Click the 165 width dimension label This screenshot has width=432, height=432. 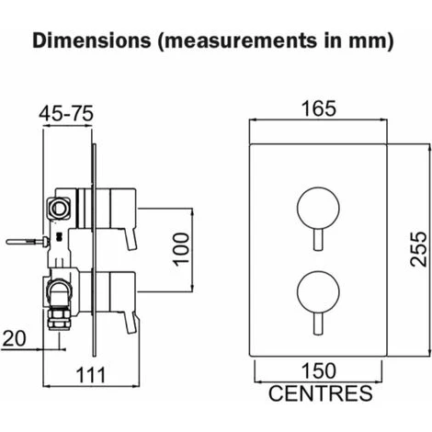click(x=319, y=108)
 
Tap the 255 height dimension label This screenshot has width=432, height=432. click(x=419, y=249)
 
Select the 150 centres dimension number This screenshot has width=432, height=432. click(x=319, y=370)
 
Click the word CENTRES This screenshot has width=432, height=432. click(x=321, y=393)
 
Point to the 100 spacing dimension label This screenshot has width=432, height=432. click(x=181, y=249)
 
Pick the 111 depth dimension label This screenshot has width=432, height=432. click(x=91, y=375)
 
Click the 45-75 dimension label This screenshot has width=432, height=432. click(x=66, y=114)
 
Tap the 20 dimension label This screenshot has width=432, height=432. click(x=14, y=338)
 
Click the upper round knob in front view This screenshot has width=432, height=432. click(x=318, y=209)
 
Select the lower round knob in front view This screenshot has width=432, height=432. click(x=318, y=292)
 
